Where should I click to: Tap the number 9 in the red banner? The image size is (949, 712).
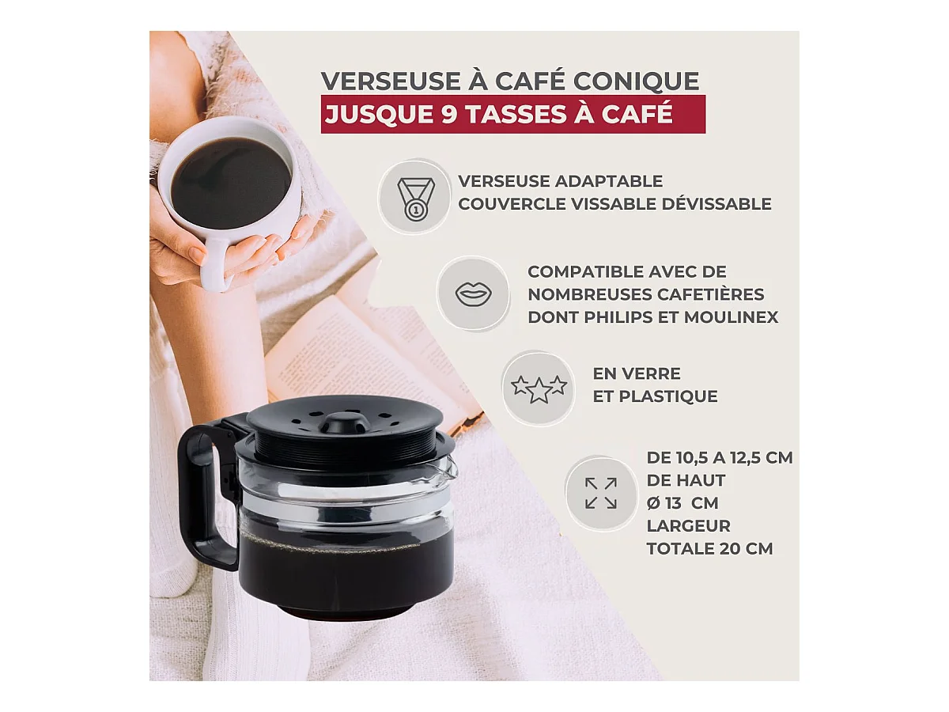450,114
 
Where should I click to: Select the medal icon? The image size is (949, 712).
415,199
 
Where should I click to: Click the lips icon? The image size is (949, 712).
473,294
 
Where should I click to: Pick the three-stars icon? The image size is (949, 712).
539,388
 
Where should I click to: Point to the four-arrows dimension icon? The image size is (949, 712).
601,493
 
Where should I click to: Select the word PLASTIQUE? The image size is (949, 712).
668,396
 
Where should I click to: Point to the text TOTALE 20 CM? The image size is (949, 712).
709,548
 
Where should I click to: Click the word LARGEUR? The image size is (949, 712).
688,526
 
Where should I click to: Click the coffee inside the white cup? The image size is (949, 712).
231,183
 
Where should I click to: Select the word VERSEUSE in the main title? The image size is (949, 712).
386,81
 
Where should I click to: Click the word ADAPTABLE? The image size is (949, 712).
608,181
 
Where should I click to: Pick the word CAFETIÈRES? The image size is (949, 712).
712,294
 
